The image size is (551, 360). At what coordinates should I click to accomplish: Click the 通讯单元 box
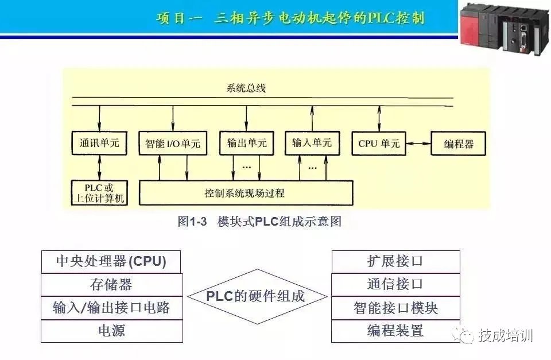click(99, 144)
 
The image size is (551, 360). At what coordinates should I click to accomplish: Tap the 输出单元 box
click(247, 144)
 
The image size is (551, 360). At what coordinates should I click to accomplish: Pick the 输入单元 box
click(312, 143)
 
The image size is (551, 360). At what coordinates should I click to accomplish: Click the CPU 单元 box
click(379, 144)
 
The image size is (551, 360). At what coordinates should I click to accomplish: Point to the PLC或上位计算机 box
click(99, 193)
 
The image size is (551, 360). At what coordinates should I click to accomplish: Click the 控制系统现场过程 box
click(246, 193)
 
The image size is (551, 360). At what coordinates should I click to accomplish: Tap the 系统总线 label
click(246, 89)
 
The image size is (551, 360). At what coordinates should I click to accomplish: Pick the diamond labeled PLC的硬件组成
click(256, 296)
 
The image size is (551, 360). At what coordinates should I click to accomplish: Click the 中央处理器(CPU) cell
click(111, 262)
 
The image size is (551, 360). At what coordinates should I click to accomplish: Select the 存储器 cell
click(111, 285)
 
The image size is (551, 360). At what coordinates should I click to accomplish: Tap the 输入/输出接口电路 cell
click(111, 308)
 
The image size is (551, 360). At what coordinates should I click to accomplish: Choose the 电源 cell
click(111, 331)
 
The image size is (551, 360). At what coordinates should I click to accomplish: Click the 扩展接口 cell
click(395, 262)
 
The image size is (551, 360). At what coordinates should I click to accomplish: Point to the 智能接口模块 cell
click(395, 308)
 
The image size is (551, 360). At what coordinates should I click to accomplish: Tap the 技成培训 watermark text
click(505, 335)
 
